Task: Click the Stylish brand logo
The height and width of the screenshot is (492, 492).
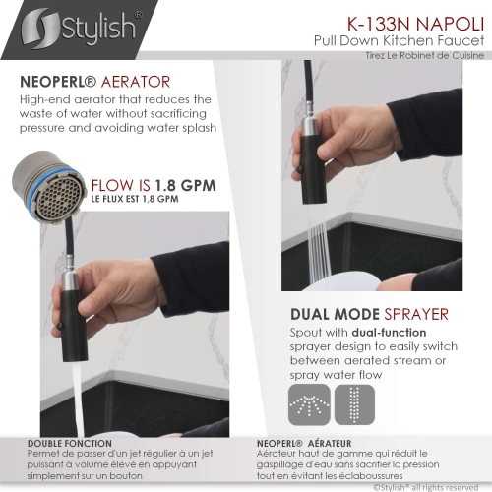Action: tap(81, 29)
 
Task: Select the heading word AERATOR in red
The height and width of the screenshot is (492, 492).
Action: tap(136, 82)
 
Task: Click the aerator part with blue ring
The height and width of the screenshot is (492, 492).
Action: tap(47, 188)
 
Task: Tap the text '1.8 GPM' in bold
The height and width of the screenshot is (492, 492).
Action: tap(185, 186)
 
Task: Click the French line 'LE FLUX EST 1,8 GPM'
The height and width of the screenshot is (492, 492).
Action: tap(135, 199)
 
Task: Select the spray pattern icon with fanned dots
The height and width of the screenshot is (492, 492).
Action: tap(309, 404)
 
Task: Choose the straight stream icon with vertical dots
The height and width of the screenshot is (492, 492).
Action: tap(354, 404)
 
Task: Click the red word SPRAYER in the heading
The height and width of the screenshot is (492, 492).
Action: tap(416, 314)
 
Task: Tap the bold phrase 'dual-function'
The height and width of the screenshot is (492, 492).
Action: tap(389, 333)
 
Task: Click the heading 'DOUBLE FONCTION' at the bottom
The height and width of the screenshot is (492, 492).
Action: tap(70, 444)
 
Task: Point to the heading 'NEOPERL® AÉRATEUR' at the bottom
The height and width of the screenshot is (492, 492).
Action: tap(304, 444)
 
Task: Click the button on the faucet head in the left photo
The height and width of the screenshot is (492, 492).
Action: tap(60, 326)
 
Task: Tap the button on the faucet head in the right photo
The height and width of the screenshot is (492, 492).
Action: tap(299, 169)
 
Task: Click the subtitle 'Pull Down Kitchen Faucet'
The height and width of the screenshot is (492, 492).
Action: tap(399, 40)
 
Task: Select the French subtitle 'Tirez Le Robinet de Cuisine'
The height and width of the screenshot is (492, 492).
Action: tap(425, 55)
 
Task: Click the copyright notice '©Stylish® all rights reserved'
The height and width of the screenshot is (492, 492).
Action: tap(426, 487)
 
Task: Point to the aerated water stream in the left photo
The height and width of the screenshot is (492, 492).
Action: tap(78, 399)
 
